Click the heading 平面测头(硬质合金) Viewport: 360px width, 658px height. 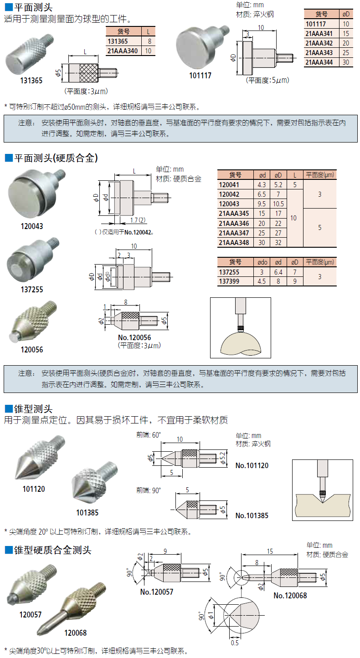point(51,158)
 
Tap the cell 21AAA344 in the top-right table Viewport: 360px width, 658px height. point(319,62)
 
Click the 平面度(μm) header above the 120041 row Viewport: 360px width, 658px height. point(320,174)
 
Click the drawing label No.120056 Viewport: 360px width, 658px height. point(134,337)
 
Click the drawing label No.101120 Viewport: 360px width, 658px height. point(252,465)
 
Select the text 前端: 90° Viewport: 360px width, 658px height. point(149,490)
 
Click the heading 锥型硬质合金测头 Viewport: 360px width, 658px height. point(48,550)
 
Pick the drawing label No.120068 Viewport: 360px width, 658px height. point(290,595)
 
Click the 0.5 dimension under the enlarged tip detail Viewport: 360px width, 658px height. point(235,643)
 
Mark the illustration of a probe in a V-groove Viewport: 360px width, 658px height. point(323,490)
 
